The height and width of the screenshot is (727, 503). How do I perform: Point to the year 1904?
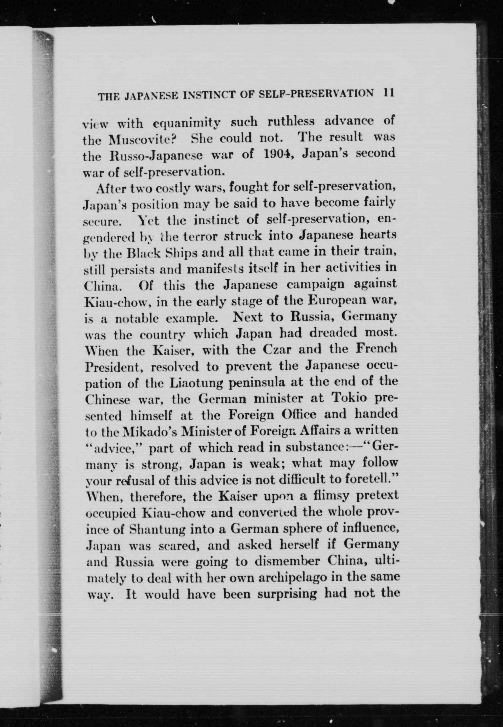coord(279,154)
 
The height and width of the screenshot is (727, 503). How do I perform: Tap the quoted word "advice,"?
coord(114,448)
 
